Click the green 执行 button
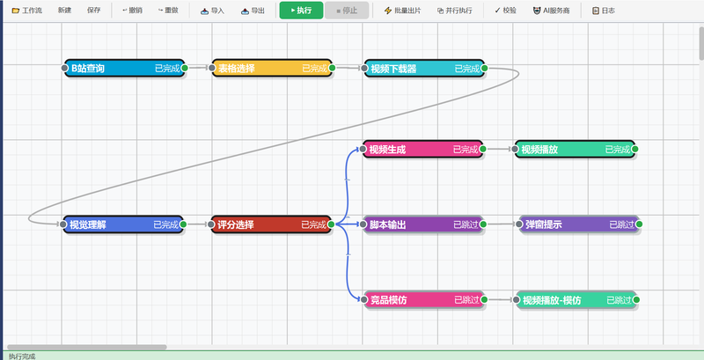[x=301, y=11]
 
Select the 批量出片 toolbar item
[x=402, y=11]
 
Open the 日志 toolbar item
[x=604, y=11]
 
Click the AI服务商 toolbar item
[x=551, y=11]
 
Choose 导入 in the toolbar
[x=212, y=11]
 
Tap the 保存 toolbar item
[x=94, y=11]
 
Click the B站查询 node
[x=124, y=69]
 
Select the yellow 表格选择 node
[x=272, y=69]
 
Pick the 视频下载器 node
[x=424, y=69]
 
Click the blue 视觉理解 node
[x=123, y=224]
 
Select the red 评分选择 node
[x=271, y=224]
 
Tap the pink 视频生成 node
[x=423, y=149]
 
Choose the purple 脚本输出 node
[x=423, y=224]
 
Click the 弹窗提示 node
[x=579, y=224]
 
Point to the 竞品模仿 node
[x=424, y=300]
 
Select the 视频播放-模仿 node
[x=576, y=300]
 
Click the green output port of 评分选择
[x=331, y=224]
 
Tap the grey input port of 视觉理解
[x=63, y=224]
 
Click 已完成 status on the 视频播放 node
[x=618, y=150]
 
